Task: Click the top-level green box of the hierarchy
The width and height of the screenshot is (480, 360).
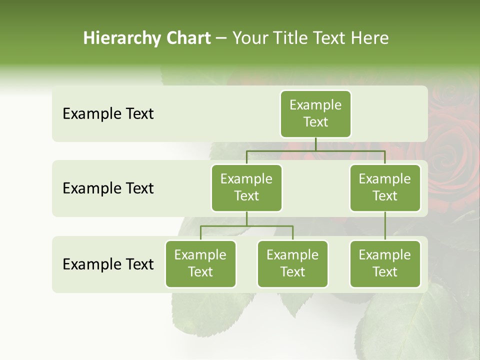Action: [315, 114]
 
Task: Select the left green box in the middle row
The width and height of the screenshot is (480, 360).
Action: [246, 188]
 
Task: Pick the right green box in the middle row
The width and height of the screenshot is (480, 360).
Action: [385, 188]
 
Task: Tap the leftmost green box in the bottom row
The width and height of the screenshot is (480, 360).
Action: [200, 264]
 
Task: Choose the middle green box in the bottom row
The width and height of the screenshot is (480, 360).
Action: [292, 264]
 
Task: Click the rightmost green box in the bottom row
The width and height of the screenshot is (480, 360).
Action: [385, 264]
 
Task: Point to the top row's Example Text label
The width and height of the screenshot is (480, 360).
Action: [108, 114]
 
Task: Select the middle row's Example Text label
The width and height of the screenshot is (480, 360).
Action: [108, 188]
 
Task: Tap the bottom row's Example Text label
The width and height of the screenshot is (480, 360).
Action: [108, 264]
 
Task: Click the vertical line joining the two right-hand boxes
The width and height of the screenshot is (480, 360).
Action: [385, 225]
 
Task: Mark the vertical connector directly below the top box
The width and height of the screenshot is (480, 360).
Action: [315, 144]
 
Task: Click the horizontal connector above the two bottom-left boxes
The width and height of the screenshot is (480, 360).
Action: [246, 226]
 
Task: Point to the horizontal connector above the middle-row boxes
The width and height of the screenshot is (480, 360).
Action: [315, 150]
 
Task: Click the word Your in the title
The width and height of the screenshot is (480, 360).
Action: [249, 38]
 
